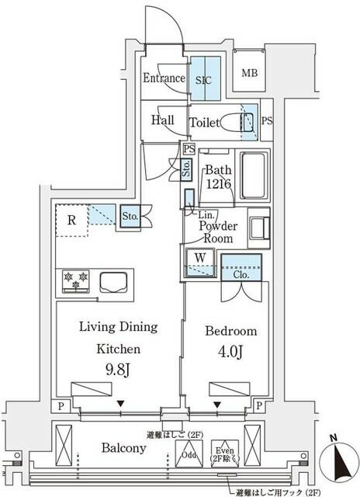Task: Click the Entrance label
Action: [163, 78]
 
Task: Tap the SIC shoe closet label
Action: [206, 78]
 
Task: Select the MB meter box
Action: [251, 74]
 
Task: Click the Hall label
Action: [163, 120]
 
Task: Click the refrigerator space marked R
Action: [71, 221]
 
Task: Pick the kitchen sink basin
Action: [110, 280]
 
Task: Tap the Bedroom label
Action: [230, 332]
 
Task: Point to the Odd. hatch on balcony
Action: [189, 454]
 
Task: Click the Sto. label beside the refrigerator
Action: [129, 217]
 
